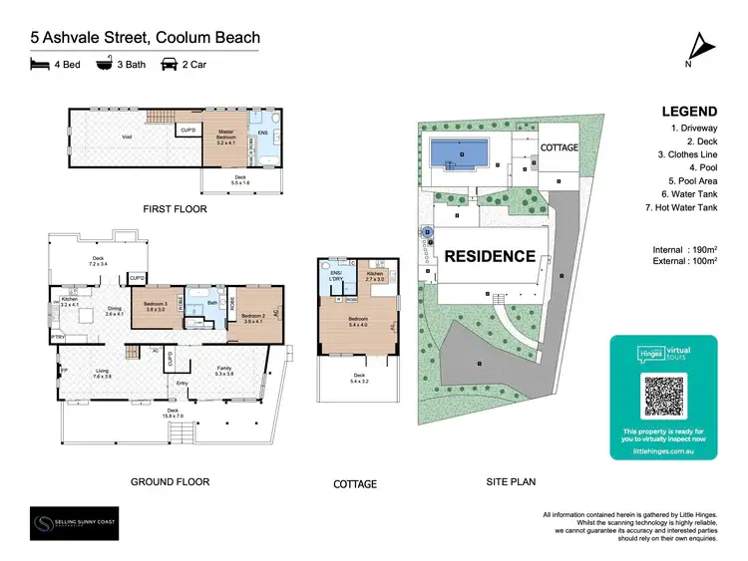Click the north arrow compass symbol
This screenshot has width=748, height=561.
pyautogui.click(x=702, y=44)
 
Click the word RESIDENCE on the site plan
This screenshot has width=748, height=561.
pyautogui.click(x=490, y=256)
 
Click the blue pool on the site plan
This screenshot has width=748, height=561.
pyautogui.click(x=460, y=154)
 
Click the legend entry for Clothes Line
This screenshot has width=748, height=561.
pyautogui.click(x=687, y=155)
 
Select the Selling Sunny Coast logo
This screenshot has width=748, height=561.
pyautogui.click(x=73, y=523)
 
